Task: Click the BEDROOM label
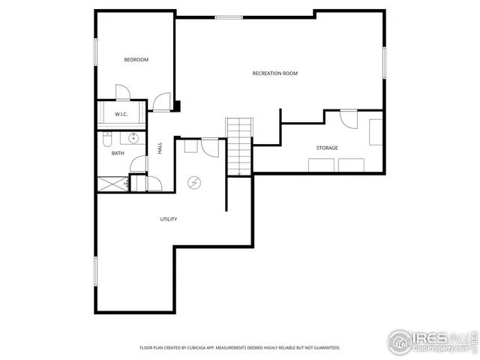click(136, 60)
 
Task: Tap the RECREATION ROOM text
click(274, 73)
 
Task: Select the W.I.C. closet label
click(121, 114)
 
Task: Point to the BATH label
click(118, 154)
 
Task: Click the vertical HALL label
click(160, 148)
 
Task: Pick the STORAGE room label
click(326, 148)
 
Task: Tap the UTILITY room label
click(168, 219)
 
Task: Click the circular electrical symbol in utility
click(193, 181)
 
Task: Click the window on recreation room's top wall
click(228, 17)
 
